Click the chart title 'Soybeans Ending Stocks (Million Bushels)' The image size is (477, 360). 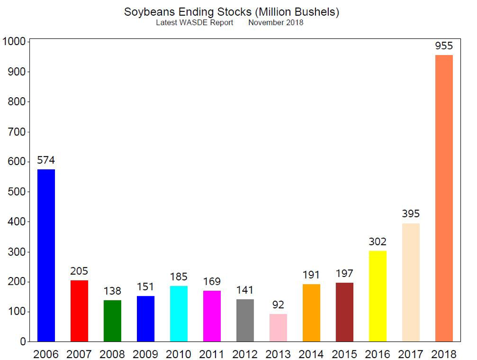[x=232, y=12]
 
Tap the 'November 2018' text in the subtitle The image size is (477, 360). [x=276, y=23]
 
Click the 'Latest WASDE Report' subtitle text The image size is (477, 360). [x=194, y=23]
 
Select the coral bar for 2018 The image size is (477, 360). [x=444, y=198]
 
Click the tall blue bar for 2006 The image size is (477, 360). [x=46, y=255]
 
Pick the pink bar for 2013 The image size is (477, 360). [x=278, y=328]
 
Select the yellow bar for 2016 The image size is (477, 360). [x=377, y=296]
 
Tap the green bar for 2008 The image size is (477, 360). [x=112, y=321]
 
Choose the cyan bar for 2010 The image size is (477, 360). [x=179, y=314]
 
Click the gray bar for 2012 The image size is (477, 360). [x=245, y=320]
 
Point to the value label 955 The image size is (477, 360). [x=444, y=46]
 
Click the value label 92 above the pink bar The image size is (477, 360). [x=278, y=305]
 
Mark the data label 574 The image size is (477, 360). [x=46, y=160]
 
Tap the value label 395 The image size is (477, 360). [x=411, y=214]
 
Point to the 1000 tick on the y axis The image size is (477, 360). [x=14, y=41]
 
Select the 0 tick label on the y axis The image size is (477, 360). [x=23, y=342]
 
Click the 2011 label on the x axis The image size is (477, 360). [x=212, y=354]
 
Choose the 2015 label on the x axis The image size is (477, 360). [x=344, y=354]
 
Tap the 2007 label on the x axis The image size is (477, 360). [x=79, y=354]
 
